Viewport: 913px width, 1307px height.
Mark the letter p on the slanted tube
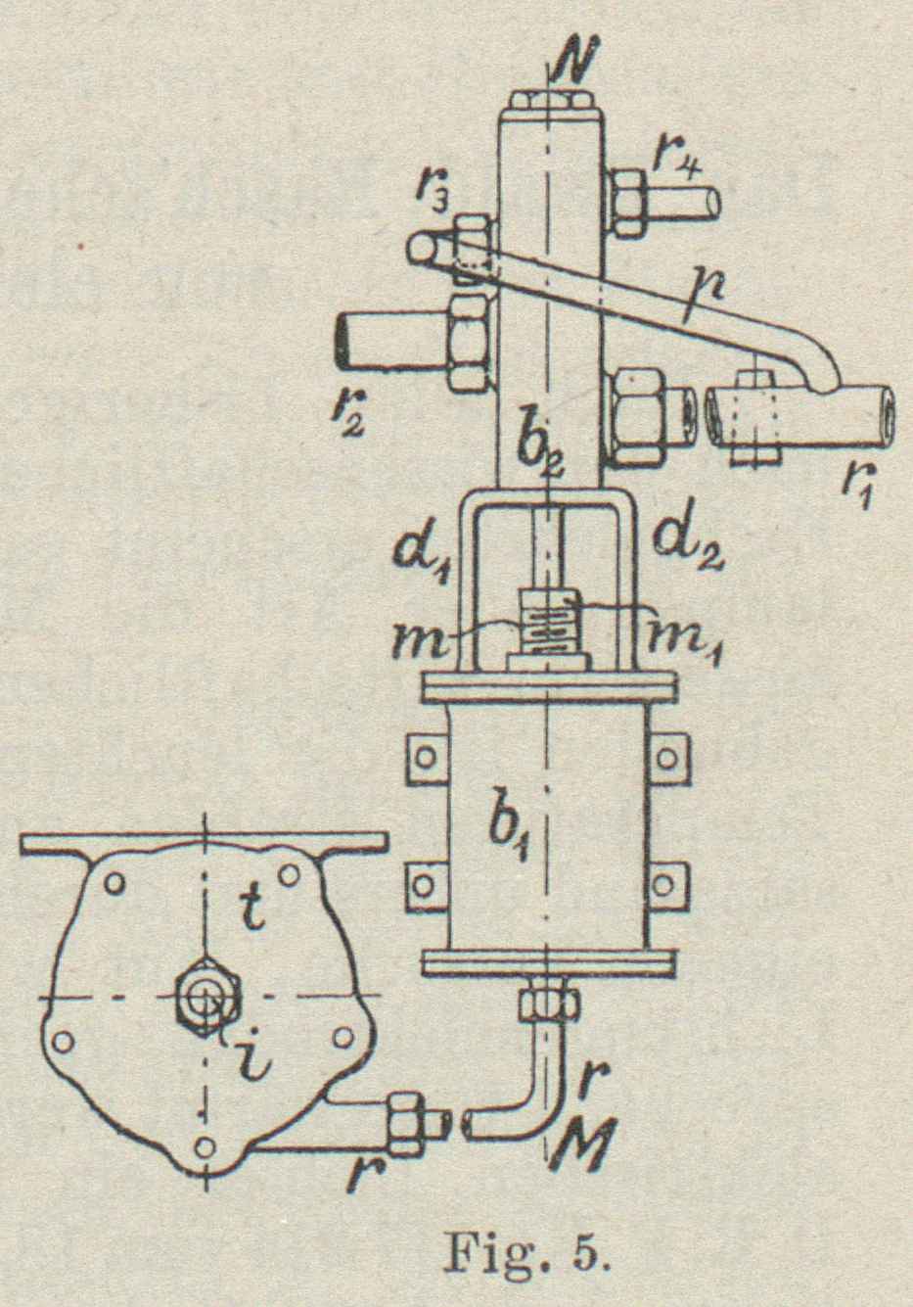(x=700, y=287)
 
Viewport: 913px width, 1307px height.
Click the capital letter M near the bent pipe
(x=581, y=1141)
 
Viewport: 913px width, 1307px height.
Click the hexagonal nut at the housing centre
(x=205, y=1001)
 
